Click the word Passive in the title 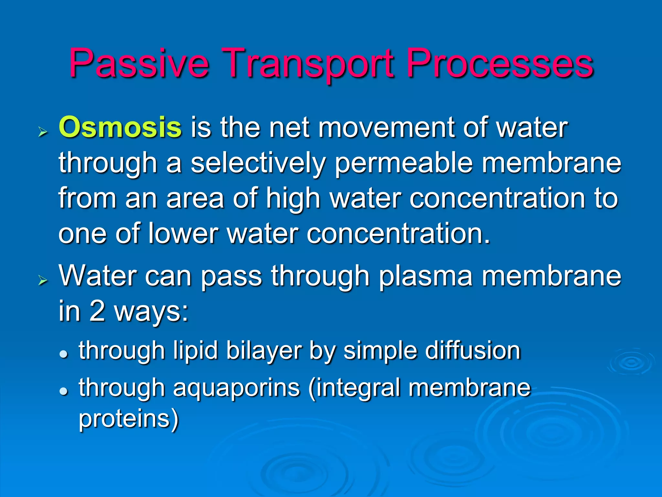[139, 63]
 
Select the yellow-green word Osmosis [120, 127]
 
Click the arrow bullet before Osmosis [42, 132]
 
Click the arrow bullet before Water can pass [42, 280]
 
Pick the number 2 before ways [97, 311]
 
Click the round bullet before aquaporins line [64, 391]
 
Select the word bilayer [263, 351]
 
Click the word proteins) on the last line [129, 419]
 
